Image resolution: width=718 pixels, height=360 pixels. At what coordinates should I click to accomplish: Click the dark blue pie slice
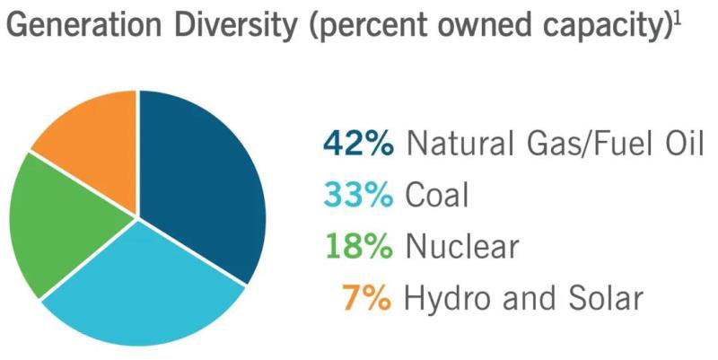tap(202, 180)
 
